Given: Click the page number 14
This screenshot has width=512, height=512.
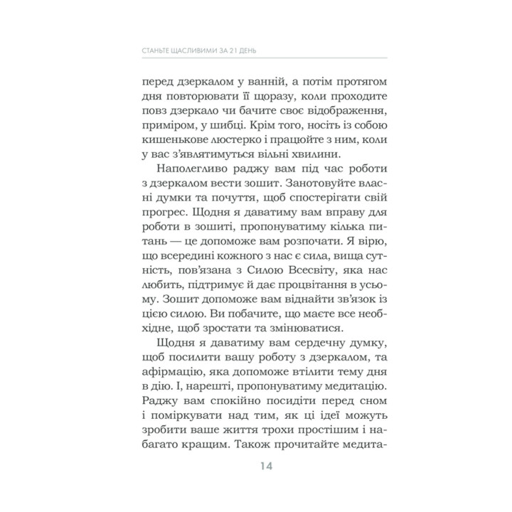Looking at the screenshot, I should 256,467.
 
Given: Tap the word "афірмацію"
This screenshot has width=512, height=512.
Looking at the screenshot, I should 173,374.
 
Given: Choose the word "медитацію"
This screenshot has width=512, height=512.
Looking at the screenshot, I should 339,390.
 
